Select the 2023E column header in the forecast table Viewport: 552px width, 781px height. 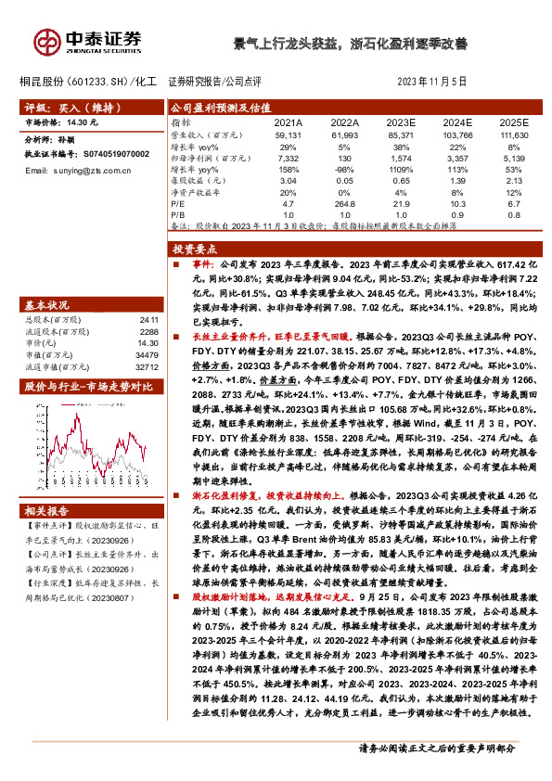pyautogui.click(x=400, y=122)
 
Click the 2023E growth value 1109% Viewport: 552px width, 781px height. pyautogui.click(x=400, y=170)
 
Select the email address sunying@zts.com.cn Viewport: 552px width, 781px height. pyautogui.click(x=96, y=172)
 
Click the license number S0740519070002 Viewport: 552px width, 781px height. pyautogui.click(x=109, y=154)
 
